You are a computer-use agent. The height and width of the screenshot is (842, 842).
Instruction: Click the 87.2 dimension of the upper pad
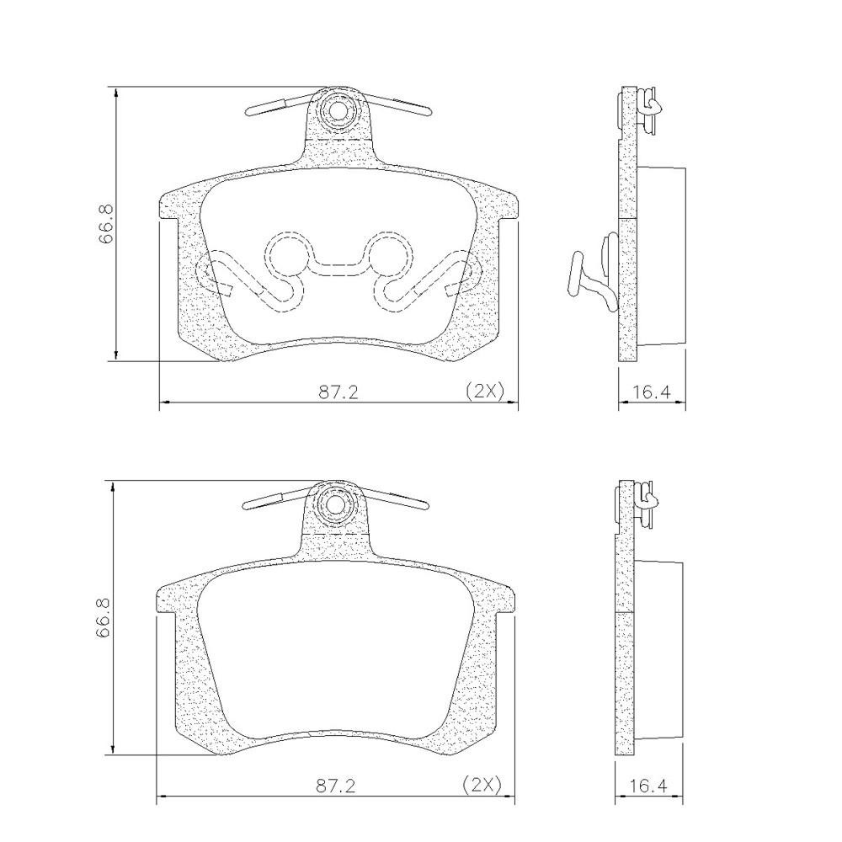click(338, 392)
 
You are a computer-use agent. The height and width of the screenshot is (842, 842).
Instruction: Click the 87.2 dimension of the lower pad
click(336, 786)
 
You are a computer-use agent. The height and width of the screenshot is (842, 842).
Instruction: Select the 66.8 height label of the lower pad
click(103, 618)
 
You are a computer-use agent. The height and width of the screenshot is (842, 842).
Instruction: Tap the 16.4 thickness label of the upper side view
click(652, 392)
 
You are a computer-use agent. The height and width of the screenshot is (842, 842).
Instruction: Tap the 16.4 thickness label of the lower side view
click(648, 786)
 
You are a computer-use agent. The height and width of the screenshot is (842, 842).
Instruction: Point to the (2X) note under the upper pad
click(485, 391)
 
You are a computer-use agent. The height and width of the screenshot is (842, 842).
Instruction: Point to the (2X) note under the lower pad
click(482, 785)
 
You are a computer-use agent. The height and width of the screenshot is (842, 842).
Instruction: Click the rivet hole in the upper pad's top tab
click(338, 111)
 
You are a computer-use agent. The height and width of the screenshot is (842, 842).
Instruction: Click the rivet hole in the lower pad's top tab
click(336, 504)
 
